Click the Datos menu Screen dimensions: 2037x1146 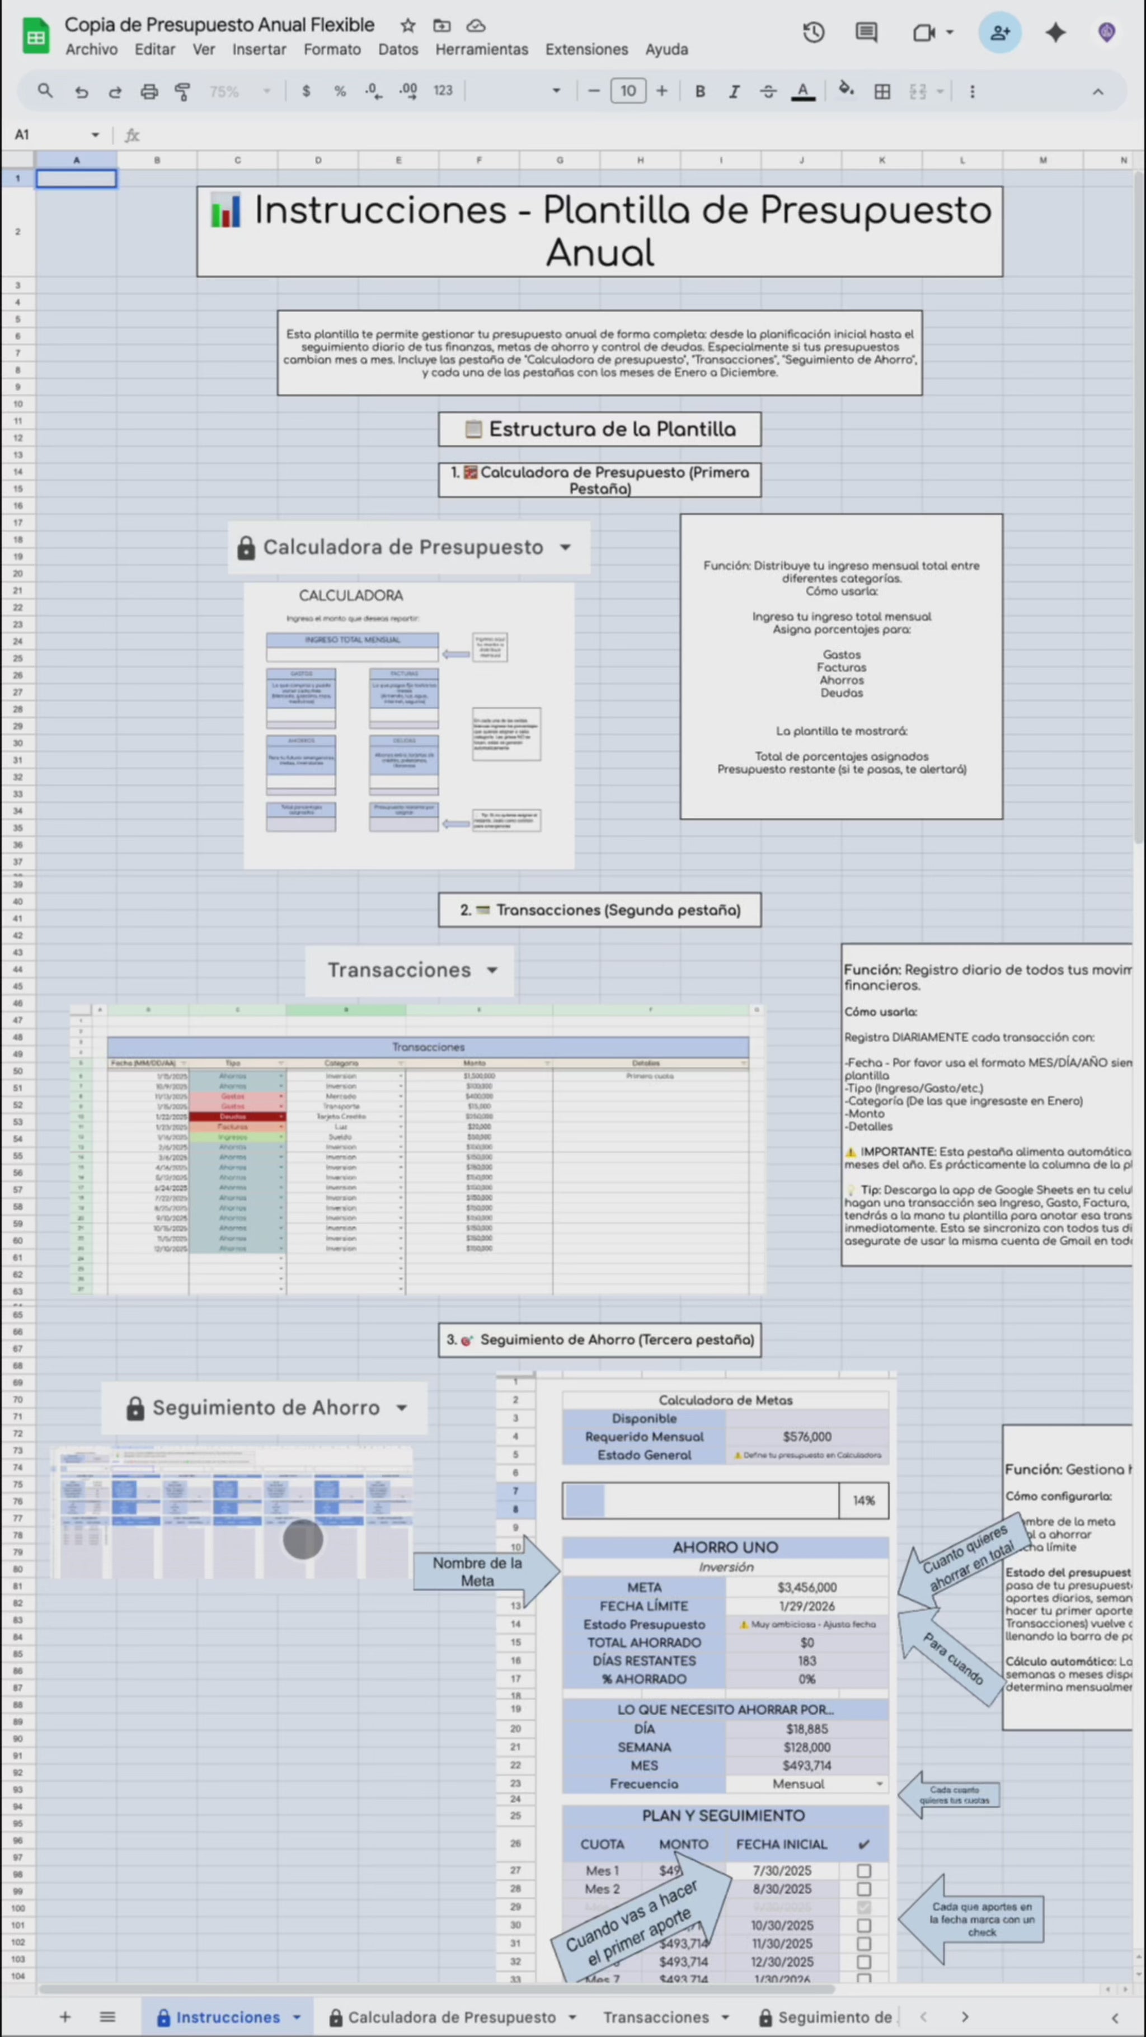click(x=398, y=49)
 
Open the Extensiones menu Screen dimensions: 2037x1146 click(x=586, y=49)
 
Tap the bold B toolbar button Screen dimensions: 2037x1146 click(x=699, y=92)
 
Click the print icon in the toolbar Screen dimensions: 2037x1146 click(x=149, y=92)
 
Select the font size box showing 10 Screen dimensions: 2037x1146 click(x=628, y=92)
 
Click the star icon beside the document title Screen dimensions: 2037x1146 click(x=408, y=25)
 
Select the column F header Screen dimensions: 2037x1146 click(x=478, y=161)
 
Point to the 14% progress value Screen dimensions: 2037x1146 click(x=863, y=1500)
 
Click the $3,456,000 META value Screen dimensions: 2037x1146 click(x=807, y=1587)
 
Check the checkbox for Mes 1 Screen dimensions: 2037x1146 click(x=863, y=1870)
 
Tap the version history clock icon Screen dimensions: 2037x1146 click(x=813, y=32)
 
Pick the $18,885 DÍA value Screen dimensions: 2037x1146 click(x=807, y=1729)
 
